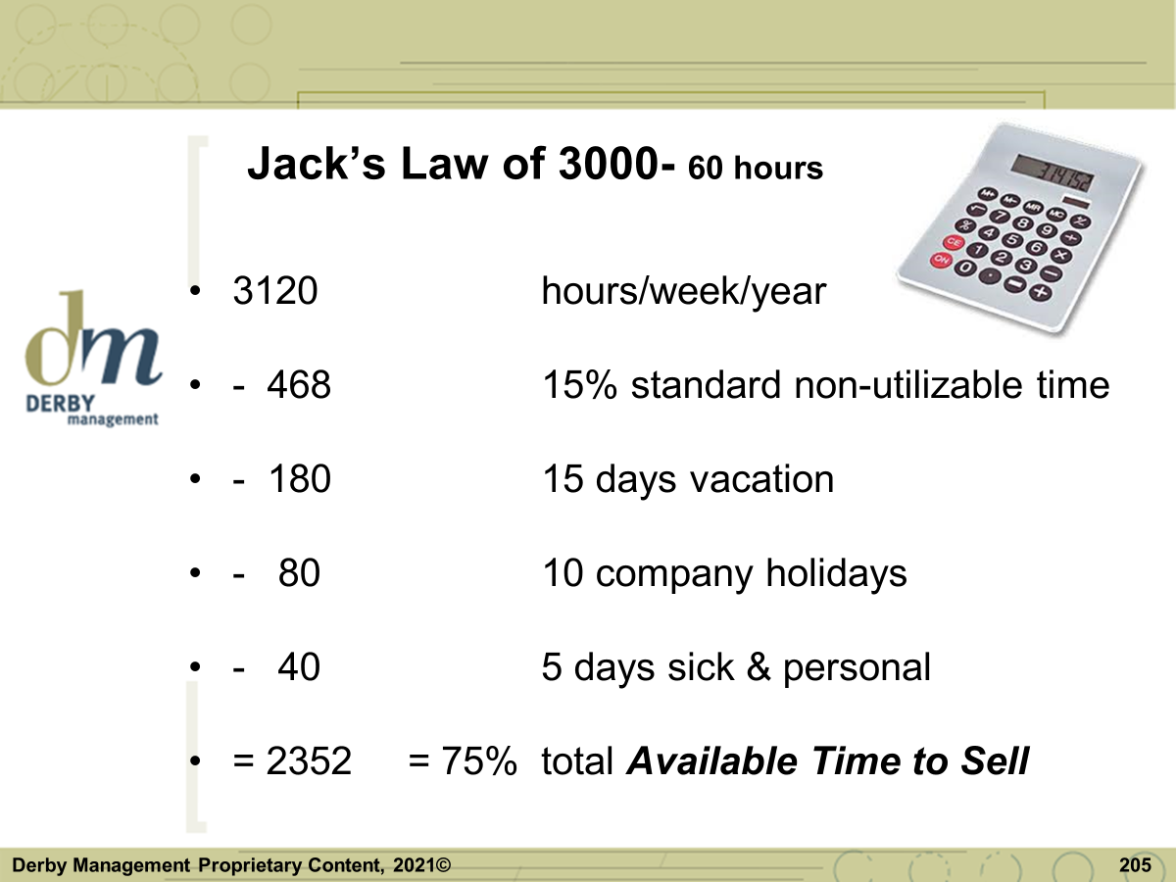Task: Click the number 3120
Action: (275, 291)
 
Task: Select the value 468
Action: (299, 384)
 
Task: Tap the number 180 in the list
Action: (300, 478)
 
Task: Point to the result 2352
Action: (309, 760)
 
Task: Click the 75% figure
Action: (479, 760)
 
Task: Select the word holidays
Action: (836, 574)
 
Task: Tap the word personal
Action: (857, 668)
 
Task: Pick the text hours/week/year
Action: (684, 292)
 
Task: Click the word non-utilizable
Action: (908, 384)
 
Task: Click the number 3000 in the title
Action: (609, 163)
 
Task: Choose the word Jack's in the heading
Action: (317, 163)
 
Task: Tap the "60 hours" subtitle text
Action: (756, 168)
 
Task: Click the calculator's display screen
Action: (1052, 172)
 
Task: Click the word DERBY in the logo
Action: (60, 403)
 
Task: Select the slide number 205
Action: (1135, 865)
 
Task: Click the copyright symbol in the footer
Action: (443, 865)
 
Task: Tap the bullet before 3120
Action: (195, 291)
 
